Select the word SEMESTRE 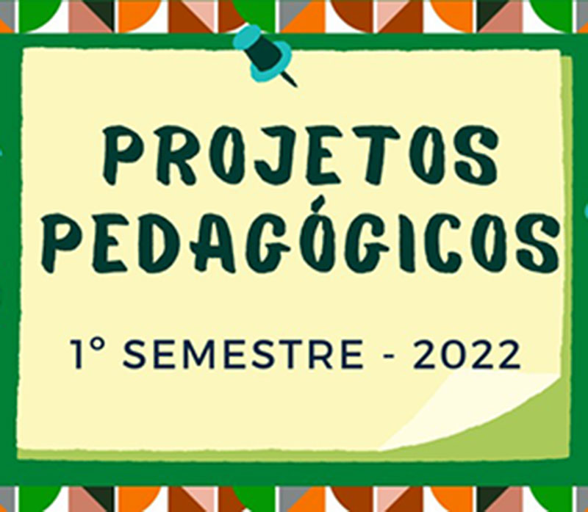point(243,354)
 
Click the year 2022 point(467,354)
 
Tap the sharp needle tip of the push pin point(296,86)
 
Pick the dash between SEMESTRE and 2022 point(390,355)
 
